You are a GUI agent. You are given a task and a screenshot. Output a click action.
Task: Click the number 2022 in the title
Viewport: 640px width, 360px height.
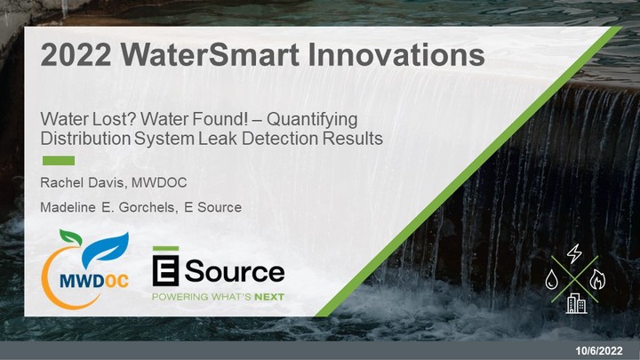pos(76,55)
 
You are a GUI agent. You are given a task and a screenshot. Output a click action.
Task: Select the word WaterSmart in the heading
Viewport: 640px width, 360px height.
pos(210,55)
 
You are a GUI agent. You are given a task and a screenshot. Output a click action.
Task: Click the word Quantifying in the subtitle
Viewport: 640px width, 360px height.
pos(312,120)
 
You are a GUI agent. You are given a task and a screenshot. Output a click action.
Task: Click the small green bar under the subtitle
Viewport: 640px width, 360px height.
pos(59,160)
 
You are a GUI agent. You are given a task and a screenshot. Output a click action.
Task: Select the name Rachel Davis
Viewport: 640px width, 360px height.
pos(82,182)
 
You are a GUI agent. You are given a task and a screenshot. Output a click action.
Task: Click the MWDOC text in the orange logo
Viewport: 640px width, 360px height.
pos(94,280)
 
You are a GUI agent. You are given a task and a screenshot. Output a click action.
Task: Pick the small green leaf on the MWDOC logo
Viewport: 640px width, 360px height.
pos(70,236)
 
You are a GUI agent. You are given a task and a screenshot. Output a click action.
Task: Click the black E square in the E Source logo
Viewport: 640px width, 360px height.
pos(165,270)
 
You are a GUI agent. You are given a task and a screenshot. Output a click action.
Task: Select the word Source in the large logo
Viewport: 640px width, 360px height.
pos(235,271)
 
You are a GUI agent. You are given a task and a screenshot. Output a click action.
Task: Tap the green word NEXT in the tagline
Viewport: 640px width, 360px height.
pos(269,297)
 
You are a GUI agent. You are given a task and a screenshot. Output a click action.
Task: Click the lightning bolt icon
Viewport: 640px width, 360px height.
pos(574,253)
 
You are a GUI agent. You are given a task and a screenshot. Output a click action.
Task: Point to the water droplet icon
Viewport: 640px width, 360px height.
pos(552,280)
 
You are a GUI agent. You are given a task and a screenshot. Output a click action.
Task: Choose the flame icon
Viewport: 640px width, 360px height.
pos(597,280)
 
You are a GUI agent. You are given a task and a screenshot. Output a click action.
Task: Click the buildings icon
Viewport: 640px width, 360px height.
pos(576,304)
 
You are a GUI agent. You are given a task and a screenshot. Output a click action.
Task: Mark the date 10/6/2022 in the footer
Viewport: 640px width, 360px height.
pos(599,350)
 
